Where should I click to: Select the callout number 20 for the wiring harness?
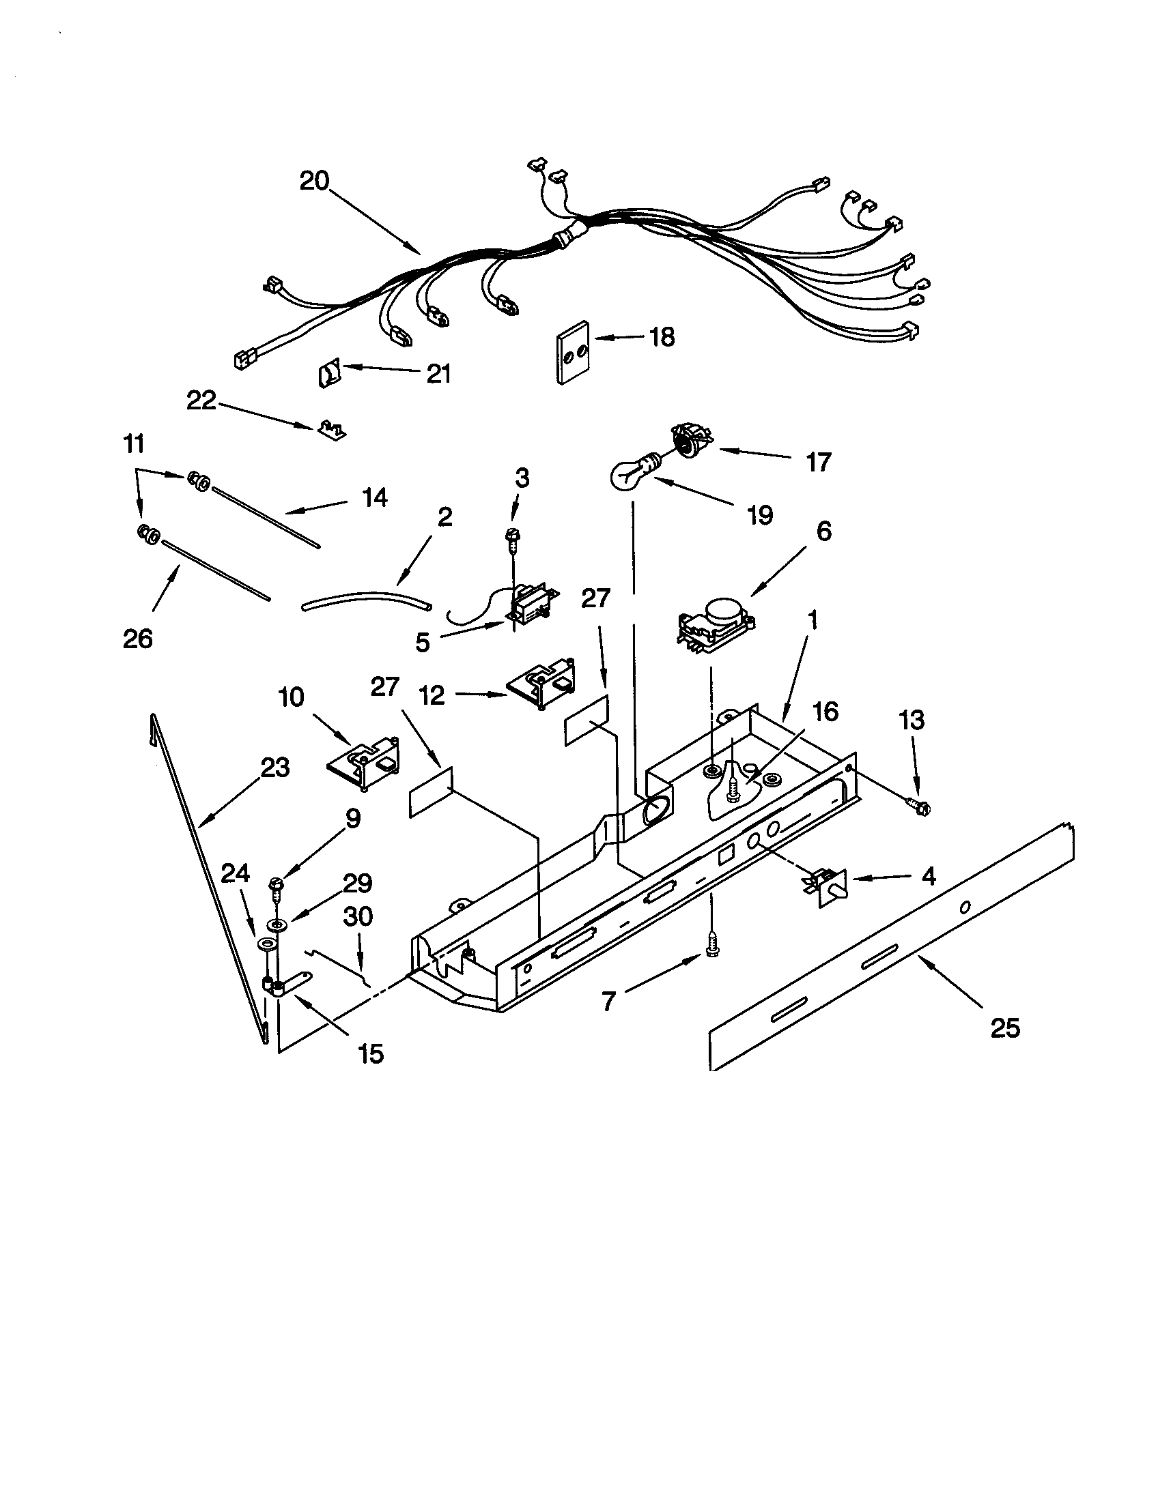[x=314, y=181]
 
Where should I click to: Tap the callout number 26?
[x=137, y=639]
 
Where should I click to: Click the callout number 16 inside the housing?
[x=825, y=712]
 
